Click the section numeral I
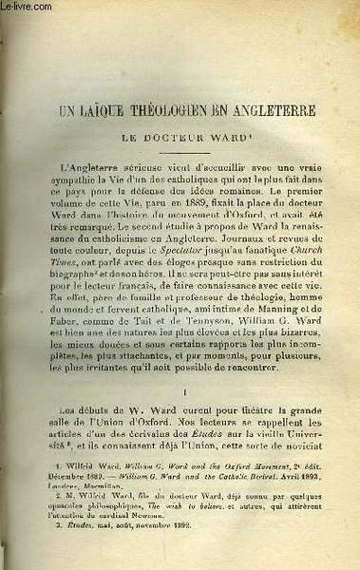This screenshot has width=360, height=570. tap(180, 389)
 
